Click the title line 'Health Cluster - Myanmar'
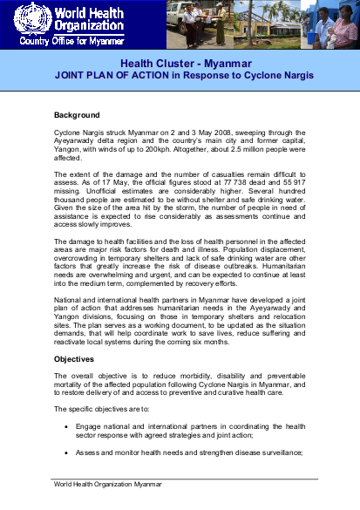[180, 64]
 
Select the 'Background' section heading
[77, 115]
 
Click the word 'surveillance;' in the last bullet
[278, 452]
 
